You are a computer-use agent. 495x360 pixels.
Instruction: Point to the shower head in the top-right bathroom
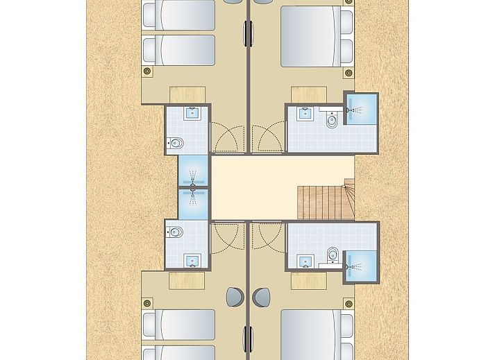pyautogui.click(x=357, y=110)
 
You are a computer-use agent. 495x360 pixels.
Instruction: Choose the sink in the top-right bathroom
pyautogui.click(x=303, y=114)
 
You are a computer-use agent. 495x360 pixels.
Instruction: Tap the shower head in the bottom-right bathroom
pyautogui.click(x=357, y=265)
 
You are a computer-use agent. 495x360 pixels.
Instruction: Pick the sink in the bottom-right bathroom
pyautogui.click(x=303, y=262)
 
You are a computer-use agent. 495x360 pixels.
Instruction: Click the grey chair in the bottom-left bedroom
pyautogui.click(x=233, y=297)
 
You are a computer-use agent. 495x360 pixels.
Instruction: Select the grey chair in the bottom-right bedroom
pyautogui.click(x=262, y=297)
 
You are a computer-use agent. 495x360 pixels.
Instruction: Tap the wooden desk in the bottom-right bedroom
pyautogui.click(x=308, y=280)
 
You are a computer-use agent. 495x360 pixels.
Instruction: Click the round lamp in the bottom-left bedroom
pyautogui.click(x=146, y=302)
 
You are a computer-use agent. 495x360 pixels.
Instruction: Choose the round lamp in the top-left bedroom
pyautogui.click(x=146, y=71)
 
